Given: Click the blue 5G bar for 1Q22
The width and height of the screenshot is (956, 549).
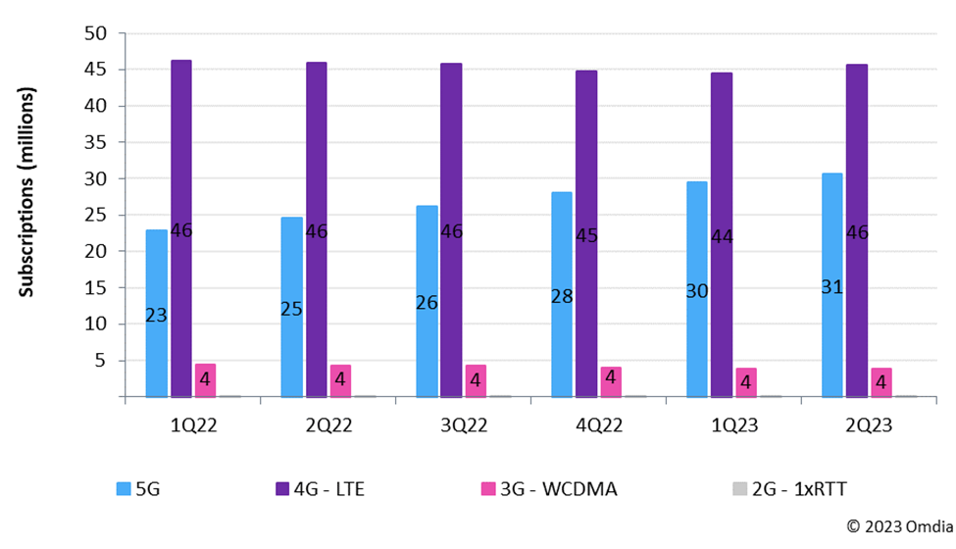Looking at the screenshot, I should click(x=156, y=274).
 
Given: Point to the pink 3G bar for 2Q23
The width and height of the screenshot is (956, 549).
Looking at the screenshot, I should click(x=880, y=382).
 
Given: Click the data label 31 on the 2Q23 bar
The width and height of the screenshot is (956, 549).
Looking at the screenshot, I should click(x=831, y=287).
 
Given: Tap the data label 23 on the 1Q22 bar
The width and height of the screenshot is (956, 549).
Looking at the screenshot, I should click(x=156, y=315).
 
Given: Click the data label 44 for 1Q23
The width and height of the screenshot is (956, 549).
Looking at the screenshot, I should click(x=722, y=236).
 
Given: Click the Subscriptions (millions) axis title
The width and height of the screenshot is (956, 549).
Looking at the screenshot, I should click(x=27, y=192).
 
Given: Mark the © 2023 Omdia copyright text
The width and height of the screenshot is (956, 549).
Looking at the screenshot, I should click(x=895, y=526).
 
